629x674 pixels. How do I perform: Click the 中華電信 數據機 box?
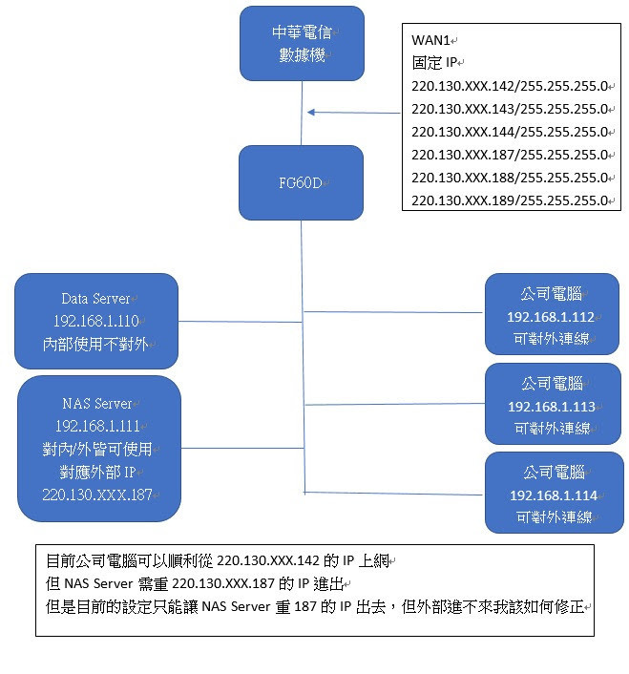(x=302, y=44)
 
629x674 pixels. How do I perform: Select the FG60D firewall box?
(x=302, y=182)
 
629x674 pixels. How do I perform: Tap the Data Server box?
(x=96, y=321)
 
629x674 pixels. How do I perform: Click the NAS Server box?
(x=99, y=449)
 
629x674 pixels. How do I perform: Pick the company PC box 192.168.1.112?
(x=551, y=316)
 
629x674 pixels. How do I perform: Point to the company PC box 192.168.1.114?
(x=553, y=494)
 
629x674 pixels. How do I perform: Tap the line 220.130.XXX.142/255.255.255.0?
(x=510, y=86)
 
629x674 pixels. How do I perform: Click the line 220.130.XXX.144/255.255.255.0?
(x=510, y=132)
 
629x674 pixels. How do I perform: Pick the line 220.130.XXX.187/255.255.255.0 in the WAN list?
(x=510, y=155)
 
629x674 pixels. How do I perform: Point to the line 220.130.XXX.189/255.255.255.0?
(x=510, y=200)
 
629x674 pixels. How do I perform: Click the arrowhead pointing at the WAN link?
(x=312, y=113)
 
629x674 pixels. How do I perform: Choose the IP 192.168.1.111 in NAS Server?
(x=99, y=426)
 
